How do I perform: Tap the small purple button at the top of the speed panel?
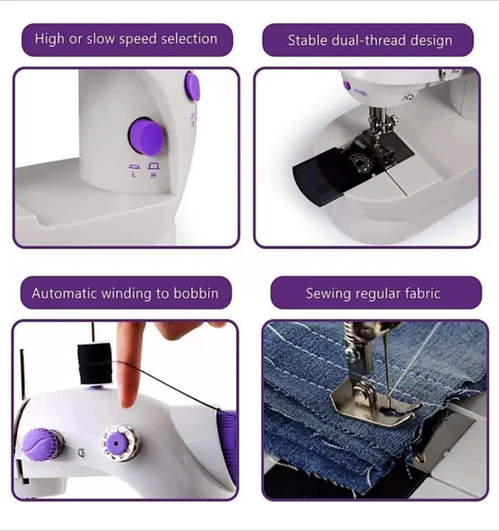coord(192,87)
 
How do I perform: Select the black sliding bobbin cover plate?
coord(352,171)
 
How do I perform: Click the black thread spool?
coord(94,364)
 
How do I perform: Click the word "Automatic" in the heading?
coord(64,293)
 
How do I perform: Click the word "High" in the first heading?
coord(49,39)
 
